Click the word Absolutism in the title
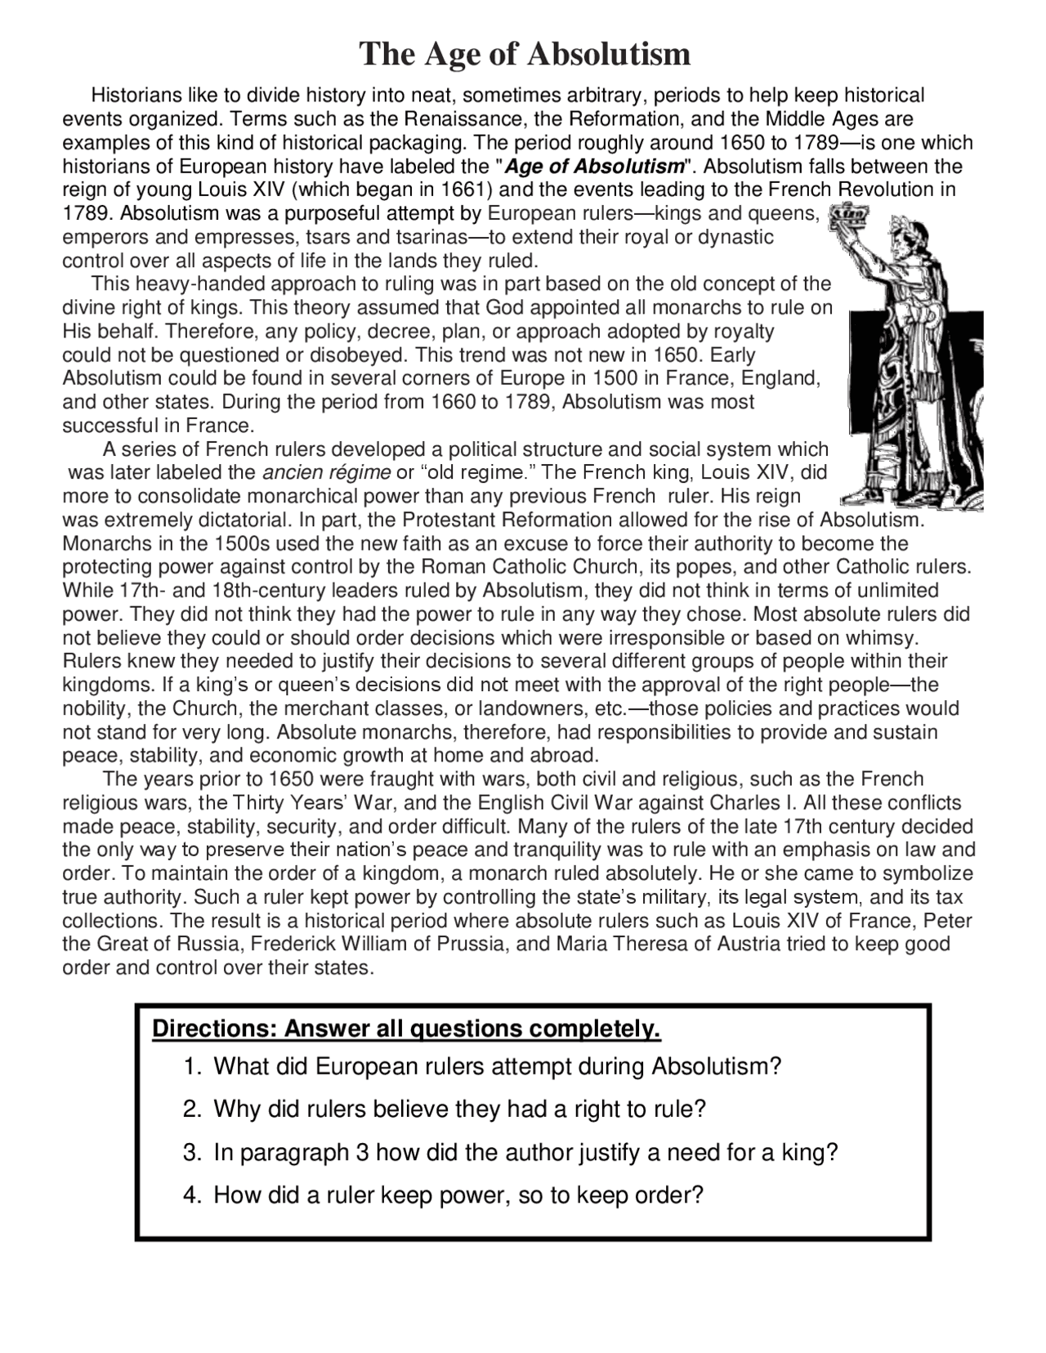click(x=610, y=55)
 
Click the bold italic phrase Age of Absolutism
click(x=594, y=167)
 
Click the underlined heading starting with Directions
click(x=406, y=1029)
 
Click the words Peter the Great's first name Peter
click(x=950, y=921)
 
